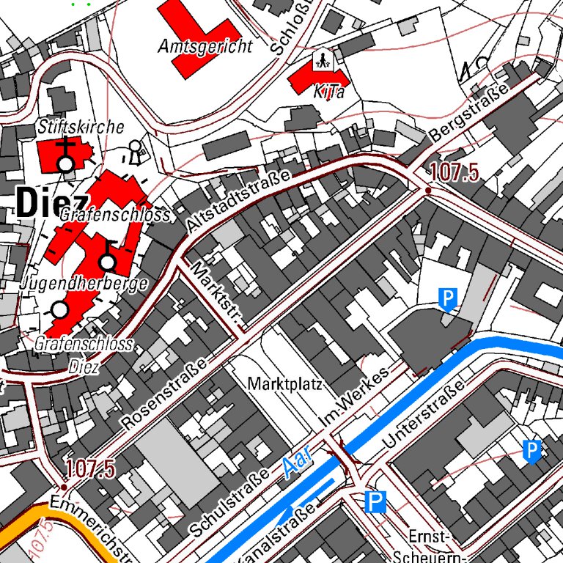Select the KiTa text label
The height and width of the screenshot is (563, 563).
pyautogui.click(x=328, y=92)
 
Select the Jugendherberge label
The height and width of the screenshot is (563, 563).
pyautogui.click(x=85, y=283)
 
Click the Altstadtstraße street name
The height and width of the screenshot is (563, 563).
pyautogui.click(x=238, y=202)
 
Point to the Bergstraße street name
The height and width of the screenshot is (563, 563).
pyautogui.click(x=469, y=114)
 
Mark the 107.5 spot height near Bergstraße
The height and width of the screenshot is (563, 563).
pyautogui.click(x=454, y=173)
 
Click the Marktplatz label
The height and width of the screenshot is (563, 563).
pyautogui.click(x=285, y=384)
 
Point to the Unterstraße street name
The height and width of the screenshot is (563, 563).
pyautogui.click(x=424, y=416)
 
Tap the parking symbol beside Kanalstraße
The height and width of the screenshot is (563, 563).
pyautogui.click(x=375, y=502)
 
